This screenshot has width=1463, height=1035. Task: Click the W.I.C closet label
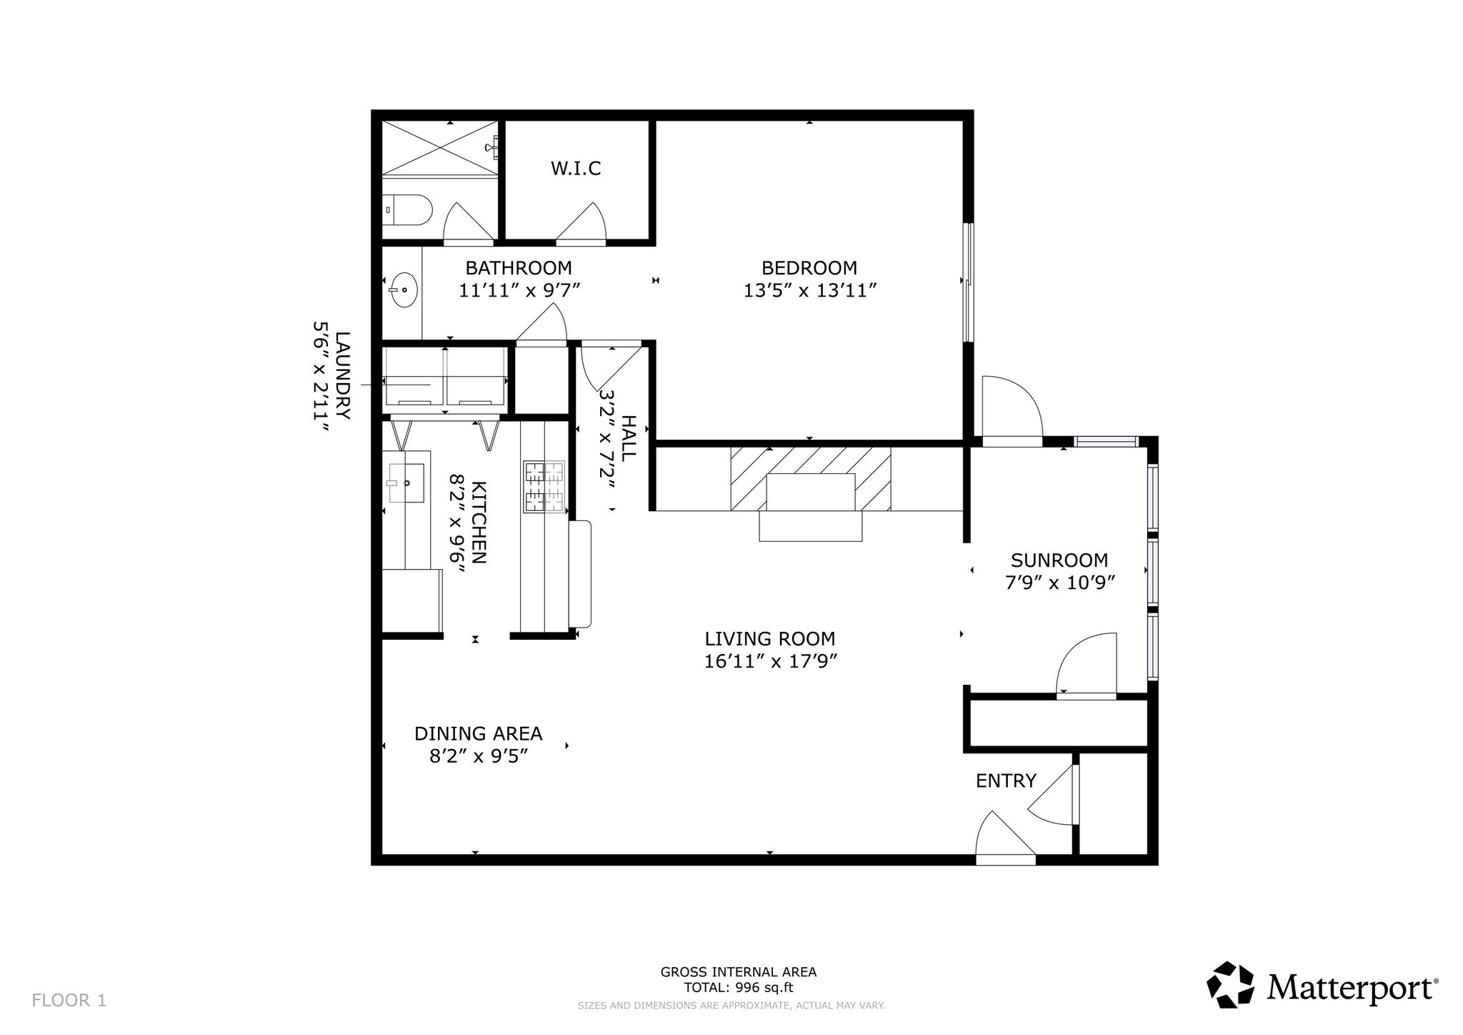point(575,169)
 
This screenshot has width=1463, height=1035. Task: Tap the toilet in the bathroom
point(407,211)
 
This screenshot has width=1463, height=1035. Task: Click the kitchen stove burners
point(544,487)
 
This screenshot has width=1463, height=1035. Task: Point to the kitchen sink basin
point(406,482)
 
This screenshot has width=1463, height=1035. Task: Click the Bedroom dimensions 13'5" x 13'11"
point(809,291)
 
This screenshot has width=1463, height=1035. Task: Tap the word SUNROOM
point(1059,560)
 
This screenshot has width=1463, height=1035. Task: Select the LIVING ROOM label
point(770,638)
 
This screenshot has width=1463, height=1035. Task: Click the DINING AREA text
point(479,733)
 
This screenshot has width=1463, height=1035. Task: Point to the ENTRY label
point(1006,781)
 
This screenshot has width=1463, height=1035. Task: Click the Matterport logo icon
point(1231,985)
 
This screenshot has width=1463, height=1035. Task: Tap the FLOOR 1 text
point(69,1000)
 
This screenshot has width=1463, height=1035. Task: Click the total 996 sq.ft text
point(739,988)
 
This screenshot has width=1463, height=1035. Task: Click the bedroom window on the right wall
point(968,282)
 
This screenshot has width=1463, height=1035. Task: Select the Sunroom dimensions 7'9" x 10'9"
point(1060,583)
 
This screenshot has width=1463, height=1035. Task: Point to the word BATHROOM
point(519,268)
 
